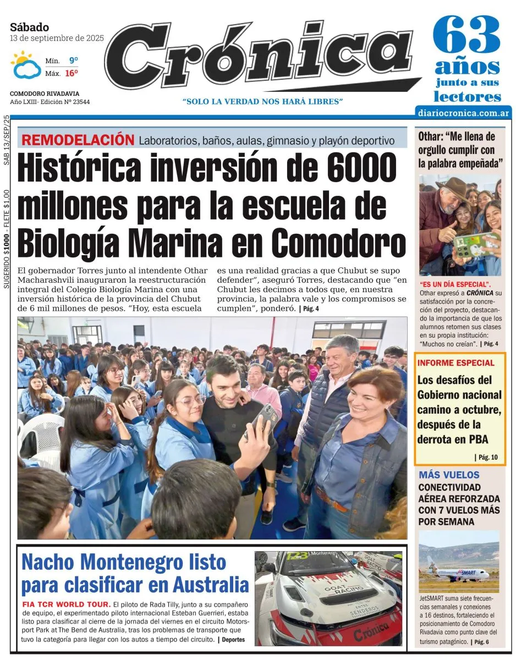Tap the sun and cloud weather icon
point(25,65)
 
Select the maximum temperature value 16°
point(71,73)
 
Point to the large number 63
point(467,35)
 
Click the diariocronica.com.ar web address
point(464,113)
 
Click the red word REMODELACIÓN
point(78,140)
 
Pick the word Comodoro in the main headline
point(338,243)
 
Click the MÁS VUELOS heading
point(449,475)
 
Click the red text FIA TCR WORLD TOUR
point(67,604)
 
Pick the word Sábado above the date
point(29,27)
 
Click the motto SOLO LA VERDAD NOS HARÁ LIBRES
point(262,101)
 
